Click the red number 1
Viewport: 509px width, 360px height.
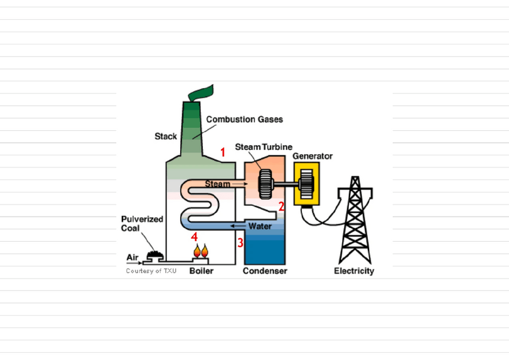223,152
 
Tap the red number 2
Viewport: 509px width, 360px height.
281,207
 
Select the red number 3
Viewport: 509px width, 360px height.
240,243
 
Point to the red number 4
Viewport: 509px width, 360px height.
194,236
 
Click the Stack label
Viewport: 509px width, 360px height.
166,137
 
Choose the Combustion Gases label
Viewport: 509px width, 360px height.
244,119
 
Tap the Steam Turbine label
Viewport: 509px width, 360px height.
264,146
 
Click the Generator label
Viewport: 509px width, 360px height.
312,156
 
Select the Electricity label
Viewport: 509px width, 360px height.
354,271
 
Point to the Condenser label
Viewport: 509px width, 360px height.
265,271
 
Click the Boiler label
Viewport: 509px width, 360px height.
201,271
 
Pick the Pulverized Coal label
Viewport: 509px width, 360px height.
142,224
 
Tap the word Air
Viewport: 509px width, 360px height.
132,257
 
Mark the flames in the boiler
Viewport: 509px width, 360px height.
200,251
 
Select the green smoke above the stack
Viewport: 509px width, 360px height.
201,94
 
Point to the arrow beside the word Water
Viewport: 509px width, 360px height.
239,226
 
